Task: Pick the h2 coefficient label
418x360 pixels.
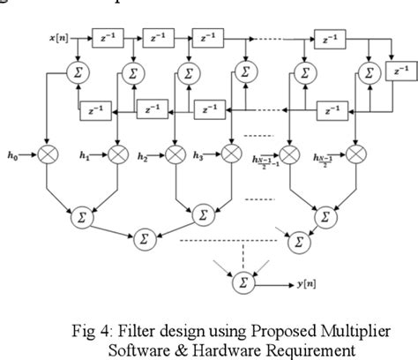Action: pos(143,156)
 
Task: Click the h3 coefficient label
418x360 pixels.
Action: pos(199,156)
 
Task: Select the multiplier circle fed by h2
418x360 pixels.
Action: pos(176,155)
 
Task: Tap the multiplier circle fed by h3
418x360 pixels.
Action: pos(231,155)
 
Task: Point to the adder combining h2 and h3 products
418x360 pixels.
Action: pos(203,214)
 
